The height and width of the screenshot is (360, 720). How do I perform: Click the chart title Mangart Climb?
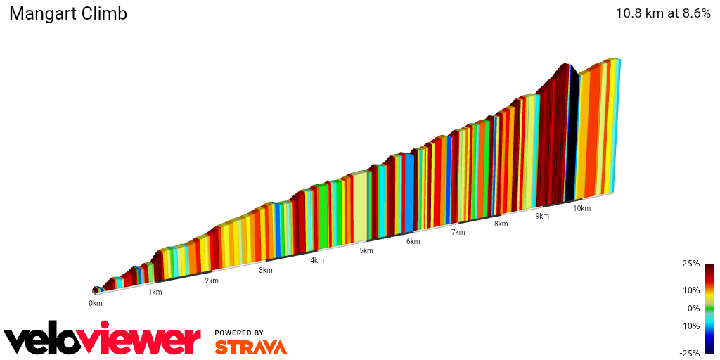[68, 14]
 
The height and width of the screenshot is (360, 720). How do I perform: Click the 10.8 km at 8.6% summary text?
[663, 13]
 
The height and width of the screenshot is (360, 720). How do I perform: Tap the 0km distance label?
[96, 303]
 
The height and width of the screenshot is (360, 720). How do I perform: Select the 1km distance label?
[155, 292]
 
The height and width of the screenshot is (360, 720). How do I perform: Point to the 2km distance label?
[211, 281]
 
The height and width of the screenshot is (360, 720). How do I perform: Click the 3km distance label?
[266, 270]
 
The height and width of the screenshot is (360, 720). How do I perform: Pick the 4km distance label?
[317, 260]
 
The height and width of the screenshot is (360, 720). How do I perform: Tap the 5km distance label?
[366, 250]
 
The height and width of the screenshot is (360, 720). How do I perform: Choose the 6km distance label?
[413, 241]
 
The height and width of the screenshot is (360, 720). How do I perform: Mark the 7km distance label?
[458, 232]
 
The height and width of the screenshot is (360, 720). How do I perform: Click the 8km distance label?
[501, 224]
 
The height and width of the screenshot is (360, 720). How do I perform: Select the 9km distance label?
[542, 216]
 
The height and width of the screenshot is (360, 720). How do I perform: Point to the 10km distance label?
[581, 208]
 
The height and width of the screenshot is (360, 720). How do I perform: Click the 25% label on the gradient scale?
[692, 264]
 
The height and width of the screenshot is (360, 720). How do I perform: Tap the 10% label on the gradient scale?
[692, 290]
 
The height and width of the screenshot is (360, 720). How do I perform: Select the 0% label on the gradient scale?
[693, 308]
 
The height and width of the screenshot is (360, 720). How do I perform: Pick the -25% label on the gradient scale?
[691, 353]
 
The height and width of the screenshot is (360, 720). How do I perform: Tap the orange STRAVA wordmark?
[250, 347]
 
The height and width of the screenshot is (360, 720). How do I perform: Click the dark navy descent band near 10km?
[572, 134]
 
